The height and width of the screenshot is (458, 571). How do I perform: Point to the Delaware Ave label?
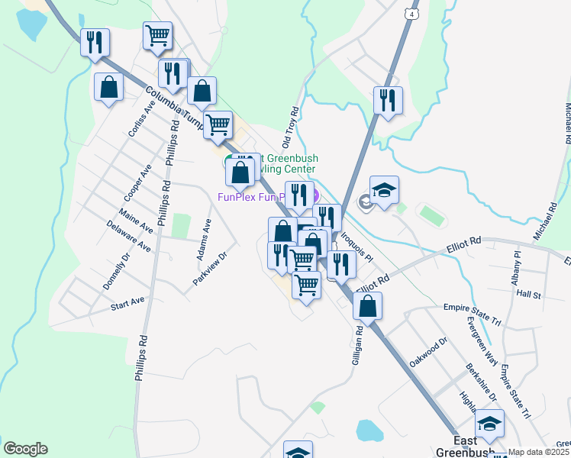pyautogui.click(x=127, y=236)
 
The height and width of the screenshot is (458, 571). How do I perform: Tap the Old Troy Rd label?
pyautogui.click(x=290, y=127)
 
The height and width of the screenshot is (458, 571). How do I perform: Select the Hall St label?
pyautogui.click(x=528, y=294)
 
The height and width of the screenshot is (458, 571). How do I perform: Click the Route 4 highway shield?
pyautogui.click(x=412, y=15)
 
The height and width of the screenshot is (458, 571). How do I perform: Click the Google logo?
pyautogui.click(x=25, y=449)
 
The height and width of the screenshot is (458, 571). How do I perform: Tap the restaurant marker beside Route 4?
pyautogui.click(x=388, y=100)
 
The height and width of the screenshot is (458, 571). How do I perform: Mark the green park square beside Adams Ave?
pyautogui.click(x=181, y=226)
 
